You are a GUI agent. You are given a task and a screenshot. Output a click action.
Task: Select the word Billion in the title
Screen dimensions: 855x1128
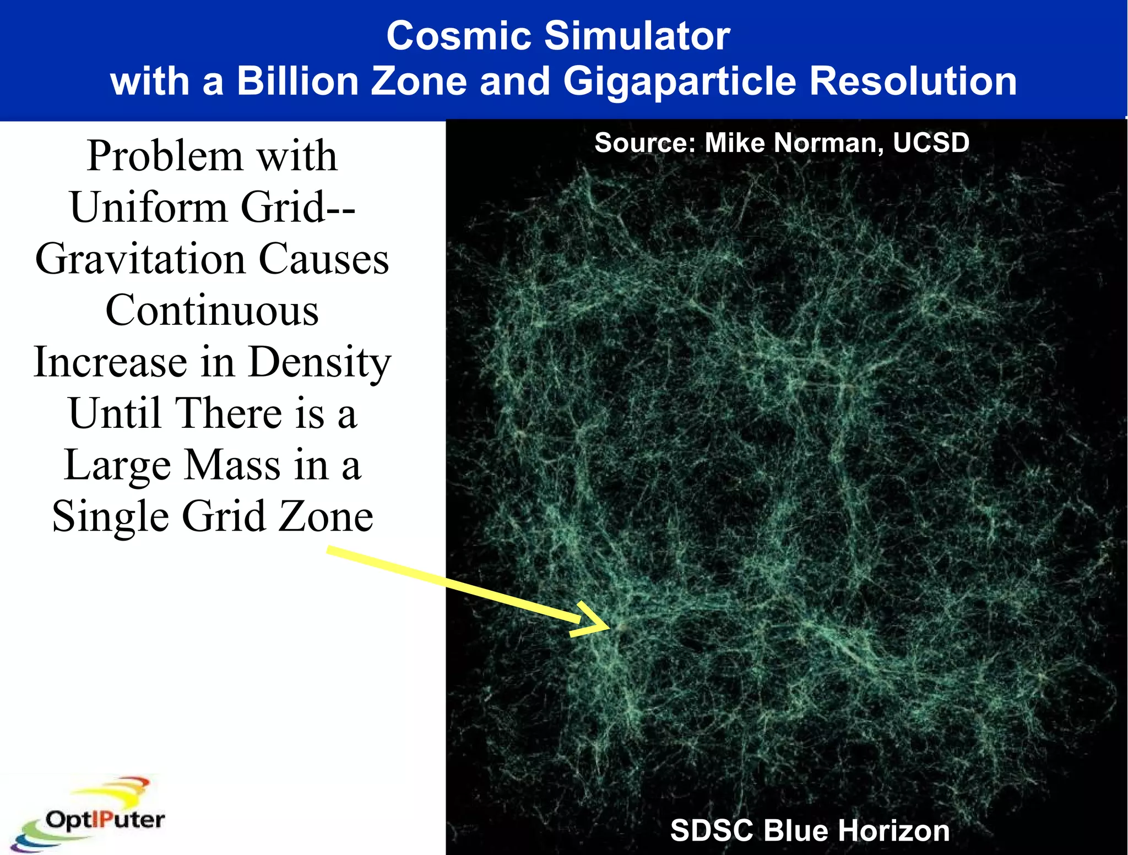(298, 81)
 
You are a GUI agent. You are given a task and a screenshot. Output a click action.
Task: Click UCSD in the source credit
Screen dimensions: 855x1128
(931, 143)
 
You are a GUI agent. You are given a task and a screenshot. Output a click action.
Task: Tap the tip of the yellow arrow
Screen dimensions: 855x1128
(609, 626)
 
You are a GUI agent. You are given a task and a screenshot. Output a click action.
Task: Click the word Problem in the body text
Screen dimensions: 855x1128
(165, 157)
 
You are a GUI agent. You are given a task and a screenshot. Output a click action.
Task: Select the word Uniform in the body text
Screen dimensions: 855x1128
(149, 208)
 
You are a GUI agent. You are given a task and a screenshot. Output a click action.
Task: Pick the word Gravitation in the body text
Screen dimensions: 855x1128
(140, 259)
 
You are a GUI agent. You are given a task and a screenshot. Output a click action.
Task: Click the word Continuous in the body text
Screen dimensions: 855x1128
(212, 311)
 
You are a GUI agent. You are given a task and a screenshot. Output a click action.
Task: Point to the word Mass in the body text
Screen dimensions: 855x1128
(232, 465)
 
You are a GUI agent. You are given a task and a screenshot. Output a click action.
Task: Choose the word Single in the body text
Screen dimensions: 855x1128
(111, 517)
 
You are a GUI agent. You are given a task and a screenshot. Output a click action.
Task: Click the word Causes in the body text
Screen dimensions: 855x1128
(324, 259)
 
